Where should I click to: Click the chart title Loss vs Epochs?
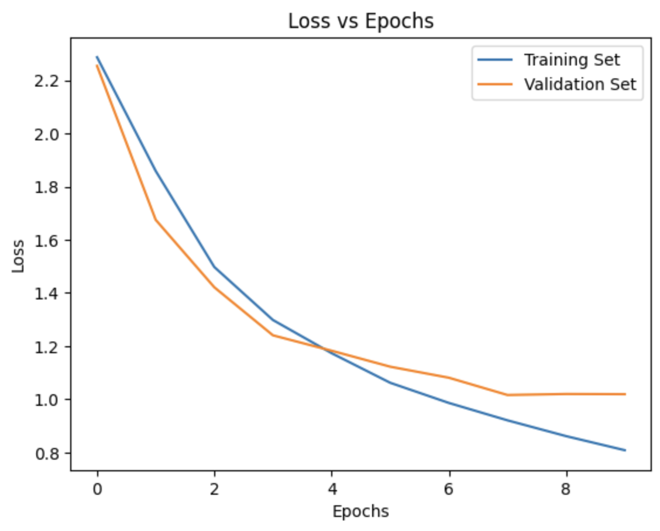[361, 21]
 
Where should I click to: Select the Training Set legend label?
[572, 60]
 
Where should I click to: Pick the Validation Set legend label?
[579, 84]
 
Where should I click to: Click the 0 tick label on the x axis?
[97, 487]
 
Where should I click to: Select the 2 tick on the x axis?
[214, 487]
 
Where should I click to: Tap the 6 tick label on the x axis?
[449, 487]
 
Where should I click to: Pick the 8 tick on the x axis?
[566, 487]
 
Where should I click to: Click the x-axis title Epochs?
[360, 512]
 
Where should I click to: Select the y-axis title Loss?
[19, 256]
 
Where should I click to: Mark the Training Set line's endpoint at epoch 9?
[625, 450]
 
